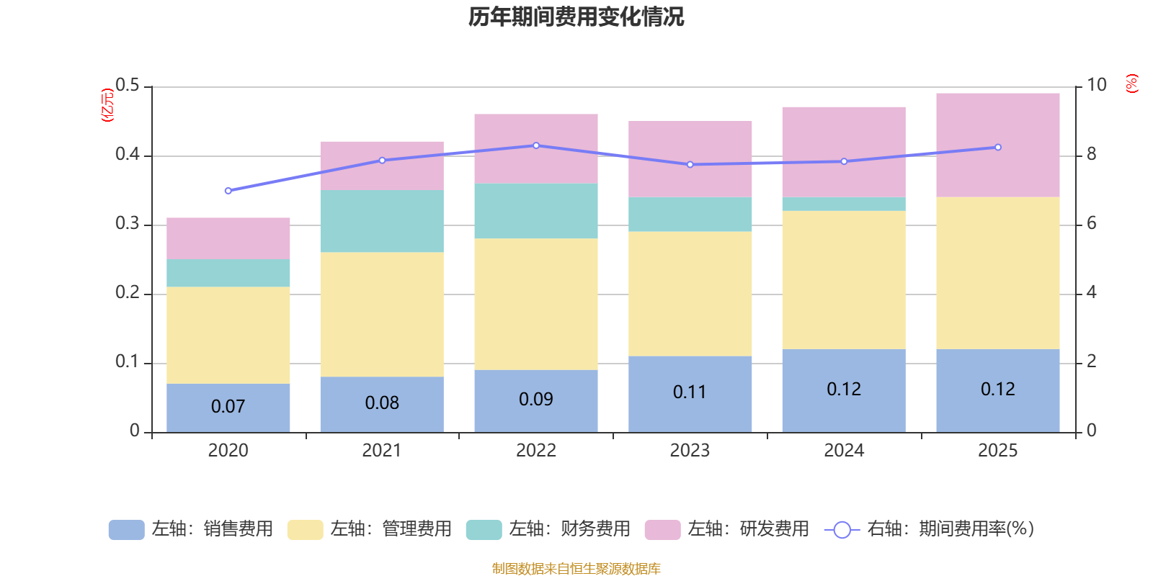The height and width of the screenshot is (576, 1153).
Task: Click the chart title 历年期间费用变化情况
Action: (576, 17)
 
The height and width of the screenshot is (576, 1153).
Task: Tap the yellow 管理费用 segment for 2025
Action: (997, 273)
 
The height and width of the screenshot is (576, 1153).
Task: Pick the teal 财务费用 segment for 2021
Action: (381, 221)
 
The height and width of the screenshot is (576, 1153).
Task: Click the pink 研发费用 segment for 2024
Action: (843, 151)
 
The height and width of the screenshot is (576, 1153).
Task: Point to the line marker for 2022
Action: (536, 145)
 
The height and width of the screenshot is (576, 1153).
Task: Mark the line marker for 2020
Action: (228, 191)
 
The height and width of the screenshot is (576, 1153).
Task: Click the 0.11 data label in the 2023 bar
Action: (690, 392)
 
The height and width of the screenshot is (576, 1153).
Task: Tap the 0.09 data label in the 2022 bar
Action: (536, 400)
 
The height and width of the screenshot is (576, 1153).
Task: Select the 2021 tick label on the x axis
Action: (381, 451)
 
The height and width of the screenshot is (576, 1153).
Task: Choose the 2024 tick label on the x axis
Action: (843, 451)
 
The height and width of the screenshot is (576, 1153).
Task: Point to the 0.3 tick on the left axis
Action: (128, 224)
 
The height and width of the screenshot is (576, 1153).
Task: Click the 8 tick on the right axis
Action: (1091, 154)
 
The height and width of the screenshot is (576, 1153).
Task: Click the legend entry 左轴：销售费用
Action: (191, 529)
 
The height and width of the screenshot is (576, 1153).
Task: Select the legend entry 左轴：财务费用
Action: (548, 529)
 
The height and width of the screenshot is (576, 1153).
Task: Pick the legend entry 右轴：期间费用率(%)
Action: (929, 529)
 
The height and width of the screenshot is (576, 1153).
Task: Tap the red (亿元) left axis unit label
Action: (107, 105)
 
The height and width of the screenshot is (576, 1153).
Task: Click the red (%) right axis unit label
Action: (1131, 84)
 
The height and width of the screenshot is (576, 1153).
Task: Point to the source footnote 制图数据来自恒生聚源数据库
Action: (576, 569)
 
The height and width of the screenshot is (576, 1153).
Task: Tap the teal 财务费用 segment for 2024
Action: (843, 204)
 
